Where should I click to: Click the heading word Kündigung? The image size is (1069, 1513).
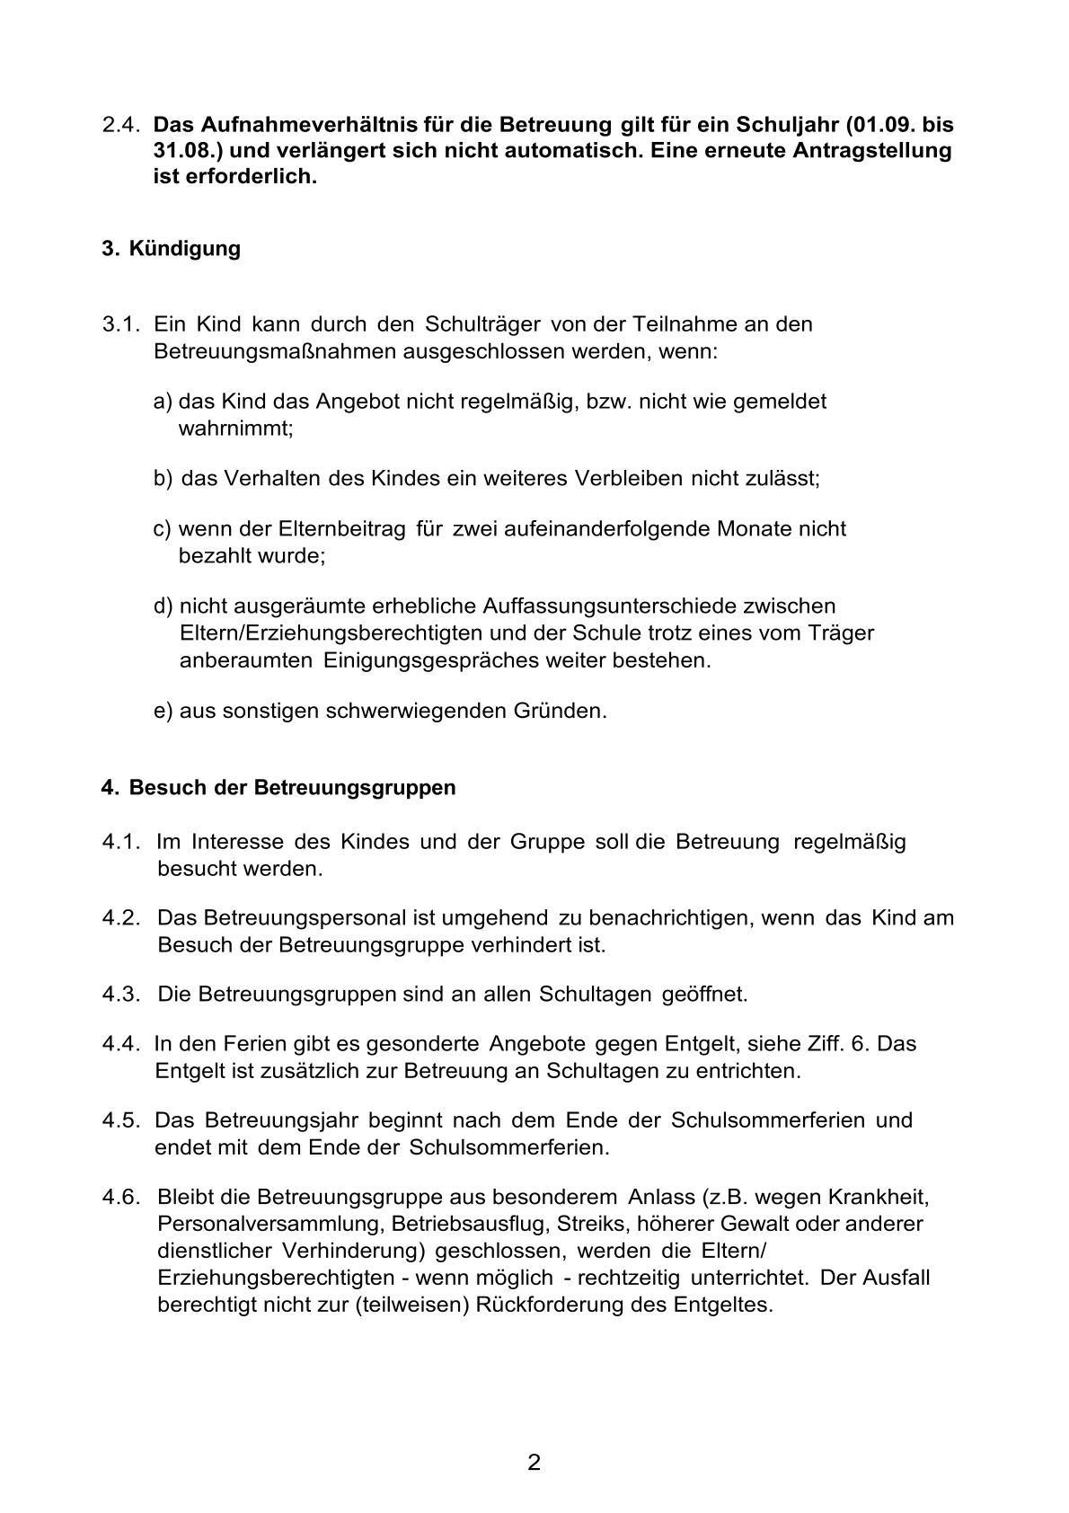click(184, 248)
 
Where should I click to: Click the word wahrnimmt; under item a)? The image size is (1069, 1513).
click(236, 429)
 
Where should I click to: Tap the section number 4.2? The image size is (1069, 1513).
click(121, 918)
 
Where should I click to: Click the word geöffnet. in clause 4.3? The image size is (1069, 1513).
click(704, 995)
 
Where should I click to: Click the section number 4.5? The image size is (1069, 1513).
click(121, 1120)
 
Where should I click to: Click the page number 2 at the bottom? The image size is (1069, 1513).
click(534, 1464)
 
